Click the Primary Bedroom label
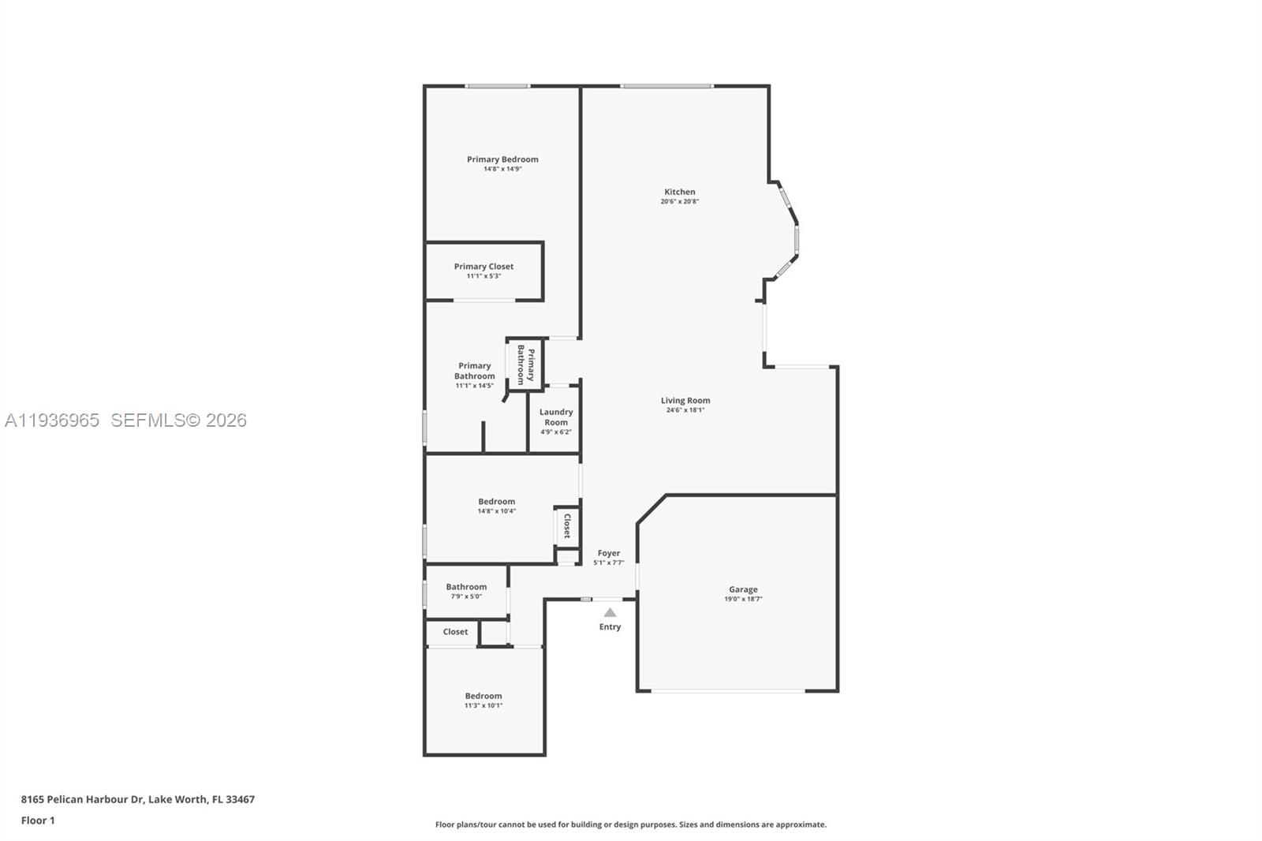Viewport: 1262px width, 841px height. (x=502, y=159)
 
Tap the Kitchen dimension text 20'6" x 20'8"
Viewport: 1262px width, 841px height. (x=679, y=202)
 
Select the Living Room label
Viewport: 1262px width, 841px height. (x=685, y=401)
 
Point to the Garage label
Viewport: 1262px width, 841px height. (x=743, y=589)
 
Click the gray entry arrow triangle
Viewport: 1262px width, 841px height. (x=610, y=612)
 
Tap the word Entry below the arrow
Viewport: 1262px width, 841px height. (x=610, y=627)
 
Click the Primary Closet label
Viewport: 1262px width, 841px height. (x=484, y=267)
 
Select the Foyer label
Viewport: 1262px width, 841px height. (x=608, y=553)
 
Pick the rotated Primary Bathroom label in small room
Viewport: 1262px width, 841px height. (x=525, y=364)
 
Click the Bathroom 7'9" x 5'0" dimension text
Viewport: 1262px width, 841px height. (x=466, y=596)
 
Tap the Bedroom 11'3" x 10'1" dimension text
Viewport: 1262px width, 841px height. (x=483, y=705)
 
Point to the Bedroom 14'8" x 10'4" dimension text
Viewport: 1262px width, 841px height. (x=496, y=511)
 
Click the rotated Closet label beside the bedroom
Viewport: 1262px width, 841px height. (x=566, y=526)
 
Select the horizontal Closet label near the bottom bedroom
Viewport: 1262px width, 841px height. (x=455, y=632)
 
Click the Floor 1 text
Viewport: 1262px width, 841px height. (x=38, y=820)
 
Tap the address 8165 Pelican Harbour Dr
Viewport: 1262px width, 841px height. (x=82, y=799)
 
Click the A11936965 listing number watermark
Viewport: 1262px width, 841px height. (x=52, y=420)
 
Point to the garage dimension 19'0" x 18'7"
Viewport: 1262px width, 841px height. (x=743, y=600)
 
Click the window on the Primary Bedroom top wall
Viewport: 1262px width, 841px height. (x=497, y=86)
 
